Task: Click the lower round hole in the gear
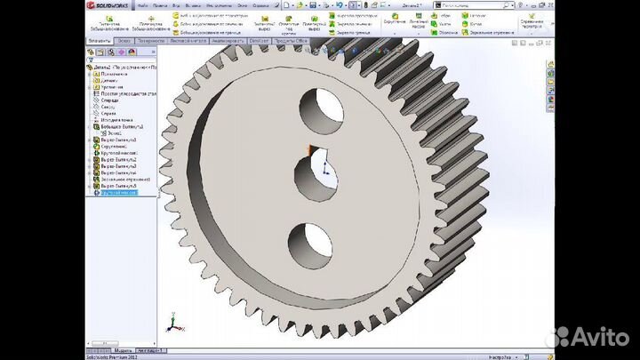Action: (x=308, y=240)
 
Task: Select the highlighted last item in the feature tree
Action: (x=119, y=192)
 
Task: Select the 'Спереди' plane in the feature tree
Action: (x=110, y=100)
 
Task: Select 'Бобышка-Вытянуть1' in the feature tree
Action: (x=122, y=126)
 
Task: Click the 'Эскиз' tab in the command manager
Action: (x=124, y=41)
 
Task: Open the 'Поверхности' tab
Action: (x=152, y=41)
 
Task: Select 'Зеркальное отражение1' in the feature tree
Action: (x=124, y=179)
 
